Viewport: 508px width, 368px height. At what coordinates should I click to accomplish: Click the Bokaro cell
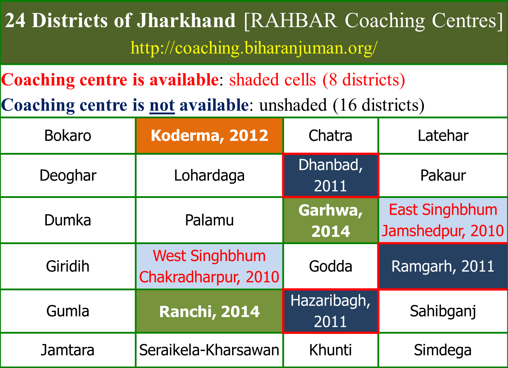pyautogui.click(x=68, y=136)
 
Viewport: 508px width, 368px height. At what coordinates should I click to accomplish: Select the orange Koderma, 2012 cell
pyautogui.click(x=209, y=136)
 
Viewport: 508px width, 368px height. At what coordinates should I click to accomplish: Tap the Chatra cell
pyautogui.click(x=330, y=136)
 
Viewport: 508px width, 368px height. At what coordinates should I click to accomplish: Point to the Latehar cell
pyautogui.click(x=443, y=136)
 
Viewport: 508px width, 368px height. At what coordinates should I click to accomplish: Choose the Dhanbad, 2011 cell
pyautogui.click(x=330, y=175)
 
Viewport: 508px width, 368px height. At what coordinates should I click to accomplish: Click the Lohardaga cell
pyautogui.click(x=209, y=175)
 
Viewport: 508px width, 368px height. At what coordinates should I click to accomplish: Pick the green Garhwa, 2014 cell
pyautogui.click(x=330, y=220)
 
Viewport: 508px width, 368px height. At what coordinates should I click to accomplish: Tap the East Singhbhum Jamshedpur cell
pyautogui.click(x=443, y=220)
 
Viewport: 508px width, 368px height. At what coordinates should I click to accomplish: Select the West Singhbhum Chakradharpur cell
pyautogui.click(x=209, y=266)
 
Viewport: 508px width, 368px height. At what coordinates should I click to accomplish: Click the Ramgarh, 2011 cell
pyautogui.click(x=443, y=266)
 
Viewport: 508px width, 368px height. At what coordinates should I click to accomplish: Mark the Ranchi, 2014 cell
pyautogui.click(x=209, y=311)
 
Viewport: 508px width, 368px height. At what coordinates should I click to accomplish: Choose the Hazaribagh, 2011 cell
pyautogui.click(x=330, y=311)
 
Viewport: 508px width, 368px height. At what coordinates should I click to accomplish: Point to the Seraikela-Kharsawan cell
pyautogui.click(x=209, y=350)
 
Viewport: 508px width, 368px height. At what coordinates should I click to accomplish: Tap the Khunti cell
pyautogui.click(x=330, y=350)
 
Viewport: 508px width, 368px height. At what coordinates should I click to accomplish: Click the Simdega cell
pyautogui.click(x=443, y=350)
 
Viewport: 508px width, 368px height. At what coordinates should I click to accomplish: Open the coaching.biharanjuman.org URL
pyautogui.click(x=254, y=48)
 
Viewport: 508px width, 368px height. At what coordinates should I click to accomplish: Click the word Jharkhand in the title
pyautogui.click(x=186, y=21)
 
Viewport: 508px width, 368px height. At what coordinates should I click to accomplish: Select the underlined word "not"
pyautogui.click(x=162, y=105)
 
